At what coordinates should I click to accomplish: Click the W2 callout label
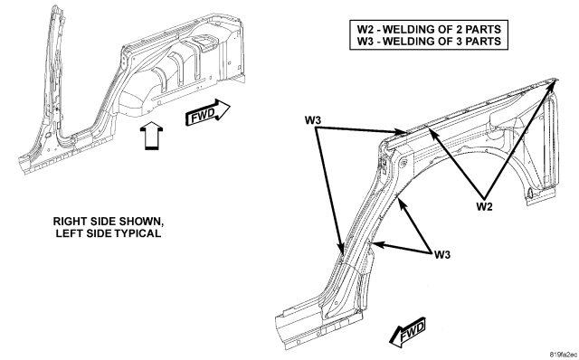coord(484,206)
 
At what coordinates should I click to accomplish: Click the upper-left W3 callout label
coord(313,120)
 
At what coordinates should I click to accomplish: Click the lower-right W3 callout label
coord(442,255)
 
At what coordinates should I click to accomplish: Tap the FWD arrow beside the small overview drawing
coord(207,112)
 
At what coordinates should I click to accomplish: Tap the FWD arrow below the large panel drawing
coord(408,332)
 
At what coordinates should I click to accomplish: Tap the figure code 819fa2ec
coord(563,355)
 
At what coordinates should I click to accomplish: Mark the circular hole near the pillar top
coord(403,162)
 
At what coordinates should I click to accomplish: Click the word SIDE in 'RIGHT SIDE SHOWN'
coord(103,222)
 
